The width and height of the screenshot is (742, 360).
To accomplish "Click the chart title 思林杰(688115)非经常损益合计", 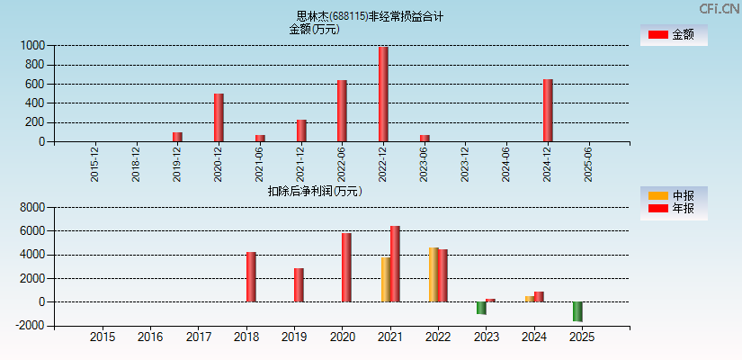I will (370, 16).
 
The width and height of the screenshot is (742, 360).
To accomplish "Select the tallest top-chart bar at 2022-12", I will (383, 94).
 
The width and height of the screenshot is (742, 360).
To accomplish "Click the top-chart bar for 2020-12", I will (219, 118).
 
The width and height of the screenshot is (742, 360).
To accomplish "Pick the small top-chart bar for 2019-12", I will (177, 137).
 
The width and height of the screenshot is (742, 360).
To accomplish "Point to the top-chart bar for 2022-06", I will (342, 111).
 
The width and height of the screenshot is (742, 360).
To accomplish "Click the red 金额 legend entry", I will (673, 35).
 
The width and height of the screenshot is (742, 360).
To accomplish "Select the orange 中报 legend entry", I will (673, 195).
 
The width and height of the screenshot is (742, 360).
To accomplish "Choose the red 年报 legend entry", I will (673, 209).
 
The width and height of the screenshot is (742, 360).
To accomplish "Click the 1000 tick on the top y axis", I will (32, 45).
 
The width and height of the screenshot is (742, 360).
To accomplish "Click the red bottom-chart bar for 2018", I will (251, 277).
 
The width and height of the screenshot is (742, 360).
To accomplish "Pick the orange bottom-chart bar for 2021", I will (385, 280).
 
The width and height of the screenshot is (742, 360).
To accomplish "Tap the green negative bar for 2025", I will (577, 311).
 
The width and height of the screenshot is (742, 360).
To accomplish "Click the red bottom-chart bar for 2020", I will (346, 267).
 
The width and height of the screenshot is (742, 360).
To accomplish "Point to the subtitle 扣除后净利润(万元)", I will (314, 191).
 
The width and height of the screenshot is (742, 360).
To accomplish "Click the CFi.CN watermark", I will (720, 8).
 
